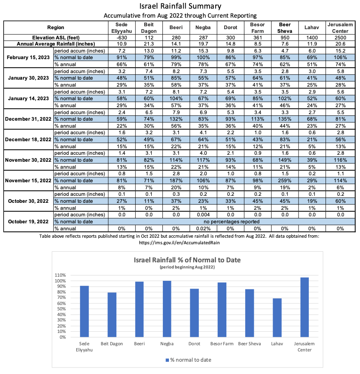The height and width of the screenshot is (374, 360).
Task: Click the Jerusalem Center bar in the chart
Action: pos(305,307)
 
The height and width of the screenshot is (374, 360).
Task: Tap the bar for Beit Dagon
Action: pos(112,315)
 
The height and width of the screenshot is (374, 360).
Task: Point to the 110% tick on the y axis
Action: pos(60,275)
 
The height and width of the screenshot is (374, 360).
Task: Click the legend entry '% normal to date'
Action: pos(188,360)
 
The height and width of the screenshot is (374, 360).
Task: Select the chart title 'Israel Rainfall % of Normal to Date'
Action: pos(187,260)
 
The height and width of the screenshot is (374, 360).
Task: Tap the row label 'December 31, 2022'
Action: pos(28,119)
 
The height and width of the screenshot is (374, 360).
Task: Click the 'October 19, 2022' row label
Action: pos(28,222)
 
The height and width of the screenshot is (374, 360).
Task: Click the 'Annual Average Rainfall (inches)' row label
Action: pos(56,44)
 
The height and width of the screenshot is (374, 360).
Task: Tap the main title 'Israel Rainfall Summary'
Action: pos(180,6)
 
